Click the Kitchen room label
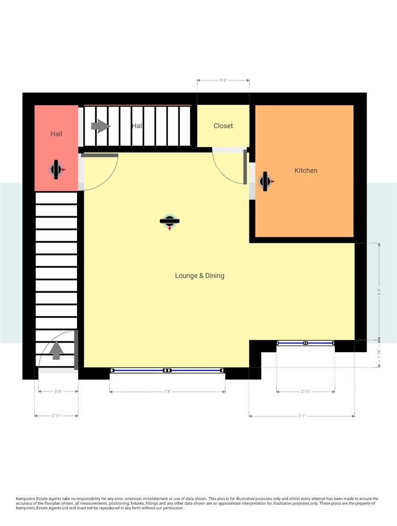pos(306,170)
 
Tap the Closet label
pos(223,126)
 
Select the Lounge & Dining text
pos(200,276)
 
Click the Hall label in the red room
pos(57,133)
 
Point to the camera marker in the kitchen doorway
pos(265,181)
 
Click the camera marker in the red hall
pos(57,169)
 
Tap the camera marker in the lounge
pos(170,221)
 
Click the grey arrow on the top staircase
pos(101,126)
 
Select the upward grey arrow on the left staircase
pos(57,350)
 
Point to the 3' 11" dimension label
pos(305,392)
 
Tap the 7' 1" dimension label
pos(302,416)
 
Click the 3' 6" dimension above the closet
pos(223,80)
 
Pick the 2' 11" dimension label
pos(57,416)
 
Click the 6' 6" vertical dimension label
pos(379,291)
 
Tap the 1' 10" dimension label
pos(379,353)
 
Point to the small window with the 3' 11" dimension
pos(305,343)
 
